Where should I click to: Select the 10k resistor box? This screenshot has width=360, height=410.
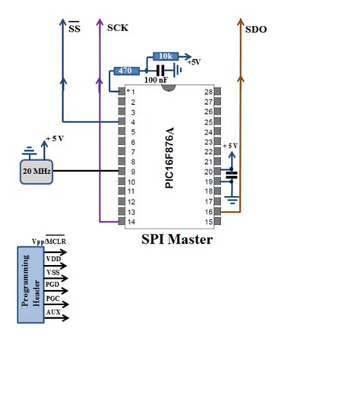click(165, 57)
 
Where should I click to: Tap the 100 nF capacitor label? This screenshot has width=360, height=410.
click(156, 80)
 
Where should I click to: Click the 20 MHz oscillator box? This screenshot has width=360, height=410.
click(36, 172)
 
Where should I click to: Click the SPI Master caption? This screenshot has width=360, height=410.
click(177, 239)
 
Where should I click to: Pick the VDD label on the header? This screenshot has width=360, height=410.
click(53, 259)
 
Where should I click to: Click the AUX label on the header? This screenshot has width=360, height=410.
click(53, 312)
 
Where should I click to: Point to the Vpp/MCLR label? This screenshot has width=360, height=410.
click(48, 241)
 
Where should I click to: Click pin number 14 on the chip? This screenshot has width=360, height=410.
click(131, 221)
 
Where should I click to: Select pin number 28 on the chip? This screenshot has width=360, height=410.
click(207, 92)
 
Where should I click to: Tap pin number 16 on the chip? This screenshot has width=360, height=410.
click(207, 211)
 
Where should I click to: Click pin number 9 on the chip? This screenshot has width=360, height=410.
click(132, 172)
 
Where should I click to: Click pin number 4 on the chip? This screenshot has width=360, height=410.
click(132, 121)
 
